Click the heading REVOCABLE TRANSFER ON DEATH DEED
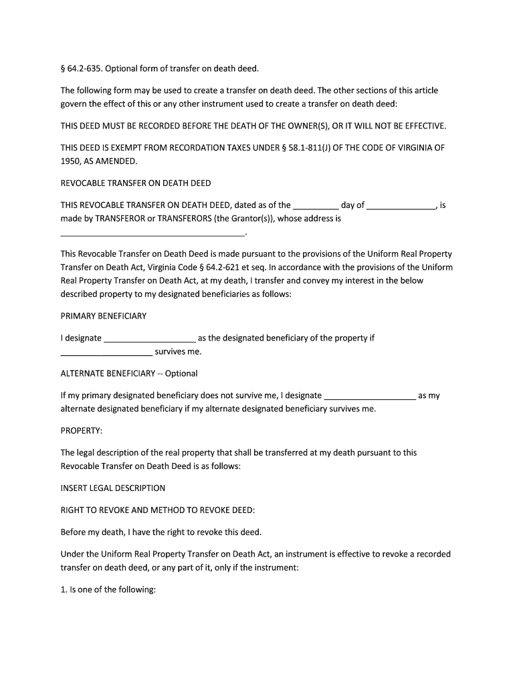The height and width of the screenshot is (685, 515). (136, 183)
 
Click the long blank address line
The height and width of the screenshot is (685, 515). (153, 234)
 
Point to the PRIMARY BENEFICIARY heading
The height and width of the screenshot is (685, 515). (104, 316)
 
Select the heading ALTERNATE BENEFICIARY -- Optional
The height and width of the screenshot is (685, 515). (129, 373)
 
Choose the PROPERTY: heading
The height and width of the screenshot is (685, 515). (82, 430)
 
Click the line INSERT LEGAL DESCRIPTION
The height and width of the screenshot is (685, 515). (113, 488)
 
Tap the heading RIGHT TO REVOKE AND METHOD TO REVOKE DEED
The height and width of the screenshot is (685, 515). (158, 510)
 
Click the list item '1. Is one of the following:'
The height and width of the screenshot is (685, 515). (108, 590)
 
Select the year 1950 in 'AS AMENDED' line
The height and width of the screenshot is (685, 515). (71, 161)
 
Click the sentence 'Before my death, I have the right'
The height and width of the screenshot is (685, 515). (161, 532)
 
